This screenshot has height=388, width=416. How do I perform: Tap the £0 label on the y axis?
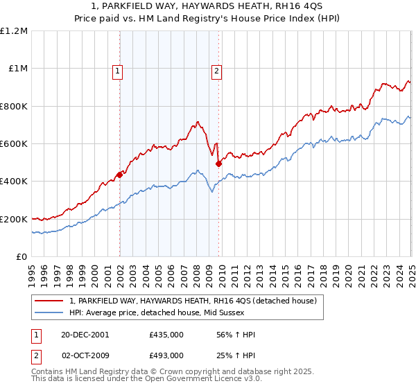pyautogui.click(x=22, y=257)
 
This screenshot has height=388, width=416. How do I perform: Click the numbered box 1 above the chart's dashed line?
pyautogui.click(x=118, y=70)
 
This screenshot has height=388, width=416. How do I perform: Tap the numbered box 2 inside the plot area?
pyautogui.click(x=216, y=70)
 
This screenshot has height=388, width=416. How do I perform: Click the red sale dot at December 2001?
pyautogui.click(x=119, y=175)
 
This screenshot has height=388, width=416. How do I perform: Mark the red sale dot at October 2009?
pyautogui.click(x=218, y=164)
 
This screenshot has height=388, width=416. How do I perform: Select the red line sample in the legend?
pyautogui.click(x=49, y=301)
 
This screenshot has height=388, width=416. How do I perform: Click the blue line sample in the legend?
pyautogui.click(x=49, y=312)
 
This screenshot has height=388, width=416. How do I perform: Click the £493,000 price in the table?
pyautogui.click(x=166, y=355)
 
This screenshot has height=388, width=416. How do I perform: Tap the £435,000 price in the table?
pyautogui.click(x=166, y=335)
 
